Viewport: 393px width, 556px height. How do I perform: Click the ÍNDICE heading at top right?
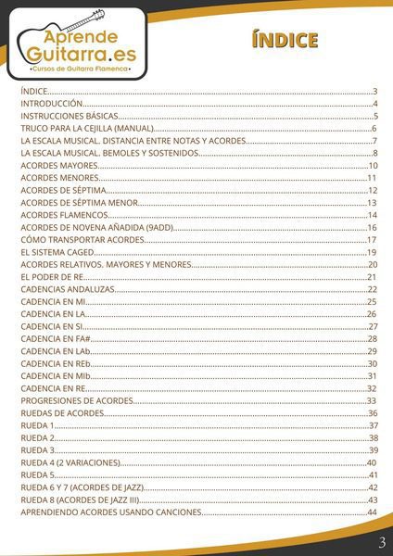[x=285, y=40]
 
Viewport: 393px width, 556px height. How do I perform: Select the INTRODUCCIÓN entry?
[x=53, y=104]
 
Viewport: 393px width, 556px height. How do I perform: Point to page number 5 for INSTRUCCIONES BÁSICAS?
[x=374, y=116]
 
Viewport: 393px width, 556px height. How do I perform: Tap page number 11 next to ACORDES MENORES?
[x=372, y=178]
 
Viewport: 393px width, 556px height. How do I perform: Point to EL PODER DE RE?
[x=51, y=277]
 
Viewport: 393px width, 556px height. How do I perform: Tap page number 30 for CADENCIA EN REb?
[x=372, y=364]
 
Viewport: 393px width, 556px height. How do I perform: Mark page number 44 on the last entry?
[x=372, y=512]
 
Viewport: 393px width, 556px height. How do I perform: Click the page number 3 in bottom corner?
[x=382, y=541]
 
